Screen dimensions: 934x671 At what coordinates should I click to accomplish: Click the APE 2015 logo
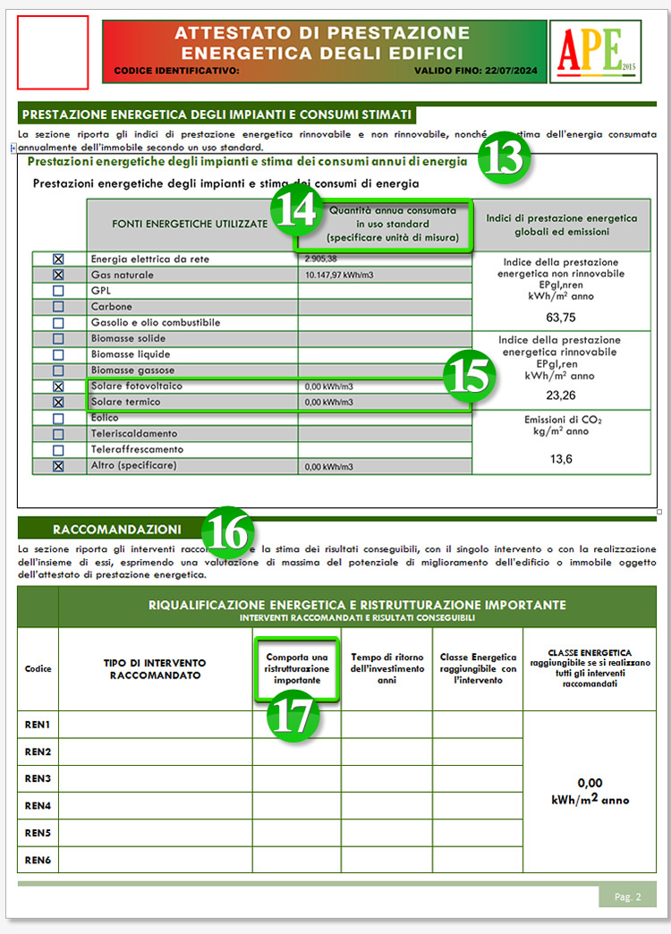595,52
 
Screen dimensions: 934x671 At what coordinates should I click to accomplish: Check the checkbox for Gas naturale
58,275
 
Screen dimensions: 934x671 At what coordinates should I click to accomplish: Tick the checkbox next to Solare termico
58,403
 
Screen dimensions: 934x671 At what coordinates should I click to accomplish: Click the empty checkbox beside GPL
58,291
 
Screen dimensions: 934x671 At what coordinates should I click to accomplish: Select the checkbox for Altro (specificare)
58,466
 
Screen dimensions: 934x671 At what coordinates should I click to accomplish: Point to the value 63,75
561,317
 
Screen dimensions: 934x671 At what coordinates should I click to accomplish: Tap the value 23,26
561,395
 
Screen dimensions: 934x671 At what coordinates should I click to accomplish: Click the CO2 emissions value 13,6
561,459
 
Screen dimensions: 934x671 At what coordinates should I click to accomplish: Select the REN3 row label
38,778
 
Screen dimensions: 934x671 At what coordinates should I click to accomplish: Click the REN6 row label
38,860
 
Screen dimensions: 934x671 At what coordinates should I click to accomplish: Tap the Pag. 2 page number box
627,896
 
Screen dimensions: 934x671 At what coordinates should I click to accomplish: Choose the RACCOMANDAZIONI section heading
116,529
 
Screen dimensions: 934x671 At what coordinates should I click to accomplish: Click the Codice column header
38,669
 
